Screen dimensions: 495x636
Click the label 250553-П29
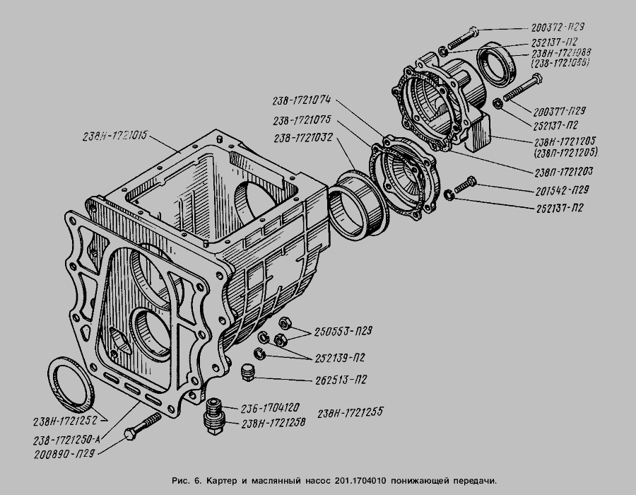click(x=344, y=330)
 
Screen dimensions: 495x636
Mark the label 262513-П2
click(x=341, y=380)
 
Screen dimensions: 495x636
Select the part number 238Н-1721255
click(x=351, y=412)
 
